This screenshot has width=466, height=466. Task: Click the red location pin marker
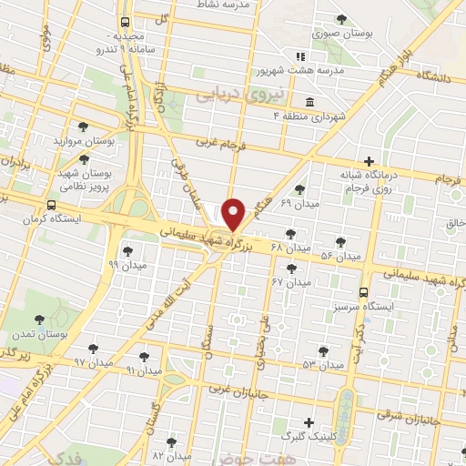[x=234, y=214]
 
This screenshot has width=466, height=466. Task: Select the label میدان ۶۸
[x=295, y=248]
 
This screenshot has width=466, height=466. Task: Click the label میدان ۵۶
[x=339, y=257]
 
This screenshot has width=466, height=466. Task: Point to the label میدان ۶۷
[x=290, y=282]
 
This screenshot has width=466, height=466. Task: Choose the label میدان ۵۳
[x=323, y=364]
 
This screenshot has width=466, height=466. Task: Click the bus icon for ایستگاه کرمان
[x=51, y=206]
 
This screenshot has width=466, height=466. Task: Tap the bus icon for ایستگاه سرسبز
[x=364, y=293]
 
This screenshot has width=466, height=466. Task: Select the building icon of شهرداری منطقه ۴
[x=309, y=101]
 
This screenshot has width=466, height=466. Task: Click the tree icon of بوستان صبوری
[x=341, y=19]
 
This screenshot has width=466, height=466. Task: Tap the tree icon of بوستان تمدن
[x=38, y=319]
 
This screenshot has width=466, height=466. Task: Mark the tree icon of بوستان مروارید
[x=84, y=127]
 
